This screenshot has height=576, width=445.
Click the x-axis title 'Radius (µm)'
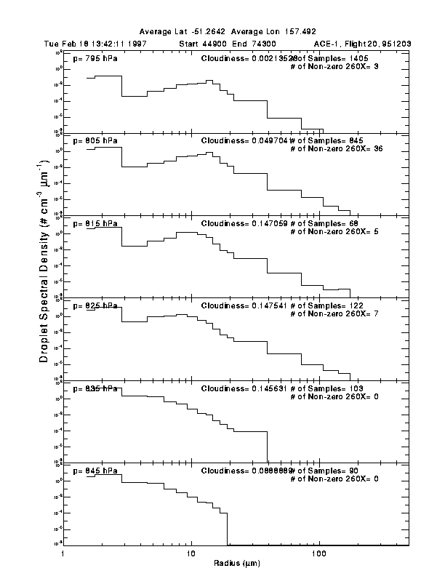[236, 563]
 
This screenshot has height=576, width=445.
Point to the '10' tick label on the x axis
[191, 554]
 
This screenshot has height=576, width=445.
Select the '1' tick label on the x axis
[64, 554]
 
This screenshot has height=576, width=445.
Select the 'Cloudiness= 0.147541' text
[246, 306]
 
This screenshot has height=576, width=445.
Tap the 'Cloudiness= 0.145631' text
[246, 388]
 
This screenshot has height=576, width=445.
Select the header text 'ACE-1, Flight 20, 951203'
[363, 44]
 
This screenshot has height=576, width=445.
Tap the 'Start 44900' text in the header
[204, 44]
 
